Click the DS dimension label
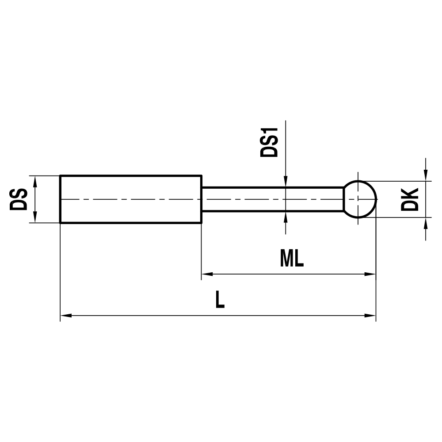click(x=18, y=199)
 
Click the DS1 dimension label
click(x=269, y=142)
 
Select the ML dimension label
click(x=292, y=259)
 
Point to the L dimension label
click(x=220, y=300)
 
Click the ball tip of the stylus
click(x=360, y=199)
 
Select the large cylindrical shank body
click(x=131, y=199)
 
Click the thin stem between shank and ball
click(x=272, y=199)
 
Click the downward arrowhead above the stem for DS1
click(x=286, y=182)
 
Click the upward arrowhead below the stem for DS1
click(x=286, y=217)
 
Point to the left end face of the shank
click(x=60, y=199)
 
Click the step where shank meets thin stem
click(x=202, y=199)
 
